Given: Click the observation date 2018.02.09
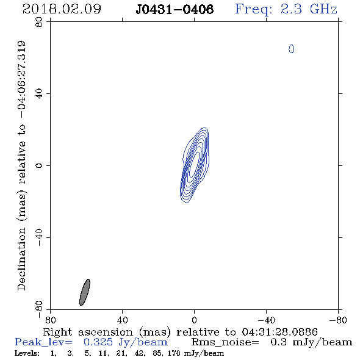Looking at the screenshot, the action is (x=62, y=9).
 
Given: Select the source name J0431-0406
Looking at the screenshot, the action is (x=175, y=9).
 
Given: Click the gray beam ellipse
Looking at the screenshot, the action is (x=85, y=292).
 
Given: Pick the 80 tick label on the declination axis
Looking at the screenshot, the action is (x=39, y=22).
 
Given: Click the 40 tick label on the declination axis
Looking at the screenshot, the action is (x=39, y=94).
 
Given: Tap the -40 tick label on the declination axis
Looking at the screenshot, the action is (x=39, y=237).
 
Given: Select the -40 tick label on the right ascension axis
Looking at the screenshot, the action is (x=266, y=320).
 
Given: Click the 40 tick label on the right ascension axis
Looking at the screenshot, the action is (x=123, y=320).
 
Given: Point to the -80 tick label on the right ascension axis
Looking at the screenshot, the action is (x=338, y=320).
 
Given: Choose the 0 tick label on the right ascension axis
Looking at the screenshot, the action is (x=194, y=320).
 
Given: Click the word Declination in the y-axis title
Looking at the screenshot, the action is (x=21, y=259).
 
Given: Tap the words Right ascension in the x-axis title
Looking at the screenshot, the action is (x=88, y=332).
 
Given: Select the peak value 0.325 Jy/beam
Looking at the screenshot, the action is (x=126, y=342).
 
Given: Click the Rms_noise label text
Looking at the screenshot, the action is (x=225, y=342).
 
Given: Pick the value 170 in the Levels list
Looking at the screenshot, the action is (x=175, y=353).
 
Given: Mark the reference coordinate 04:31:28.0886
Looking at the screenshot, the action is (x=280, y=332).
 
